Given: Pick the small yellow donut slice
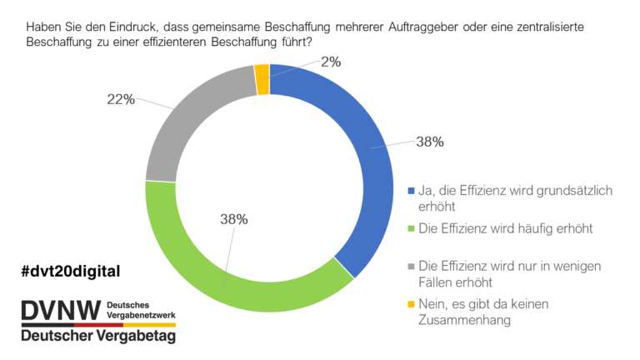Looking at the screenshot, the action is click(262, 79).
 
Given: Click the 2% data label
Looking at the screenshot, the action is click(331, 62).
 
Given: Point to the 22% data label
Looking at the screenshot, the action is click(121, 99).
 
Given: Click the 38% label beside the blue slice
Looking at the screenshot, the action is click(430, 142).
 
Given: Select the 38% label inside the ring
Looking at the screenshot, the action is click(234, 219).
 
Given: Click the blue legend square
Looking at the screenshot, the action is click(411, 191).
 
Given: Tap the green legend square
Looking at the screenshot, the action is click(411, 228).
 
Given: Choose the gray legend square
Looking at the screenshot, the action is click(411, 266).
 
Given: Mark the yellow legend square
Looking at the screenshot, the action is click(411, 304).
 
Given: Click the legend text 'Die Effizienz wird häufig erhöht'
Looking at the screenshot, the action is click(506, 228).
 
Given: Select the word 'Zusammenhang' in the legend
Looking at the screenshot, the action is click(464, 320).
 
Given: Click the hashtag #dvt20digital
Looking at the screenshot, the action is click(71, 271).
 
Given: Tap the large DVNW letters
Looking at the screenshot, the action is click(61, 310).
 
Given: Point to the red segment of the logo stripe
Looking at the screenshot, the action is click(98, 325).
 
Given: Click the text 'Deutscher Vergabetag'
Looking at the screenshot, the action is click(98, 336).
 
